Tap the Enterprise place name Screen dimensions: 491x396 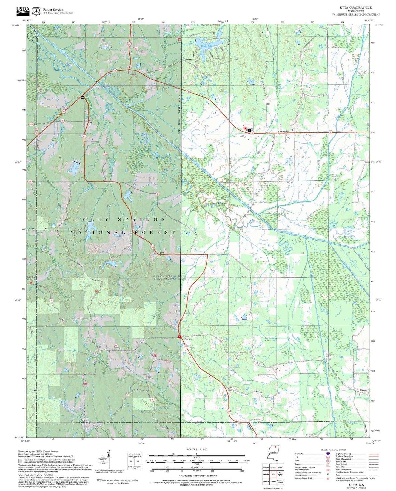285,132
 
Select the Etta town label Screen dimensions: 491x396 90,123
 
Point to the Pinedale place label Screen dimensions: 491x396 188,339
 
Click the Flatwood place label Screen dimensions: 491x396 364,390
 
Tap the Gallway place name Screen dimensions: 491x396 188,59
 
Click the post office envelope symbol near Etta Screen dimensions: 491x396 82,97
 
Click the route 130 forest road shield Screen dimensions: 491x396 160,70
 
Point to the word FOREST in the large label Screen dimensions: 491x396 155,232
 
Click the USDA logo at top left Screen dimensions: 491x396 23,10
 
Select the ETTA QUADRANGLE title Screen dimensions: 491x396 356,8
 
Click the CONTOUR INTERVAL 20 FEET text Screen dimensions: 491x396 198,476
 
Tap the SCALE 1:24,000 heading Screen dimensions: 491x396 196,449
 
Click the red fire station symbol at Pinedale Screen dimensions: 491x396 179,336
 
